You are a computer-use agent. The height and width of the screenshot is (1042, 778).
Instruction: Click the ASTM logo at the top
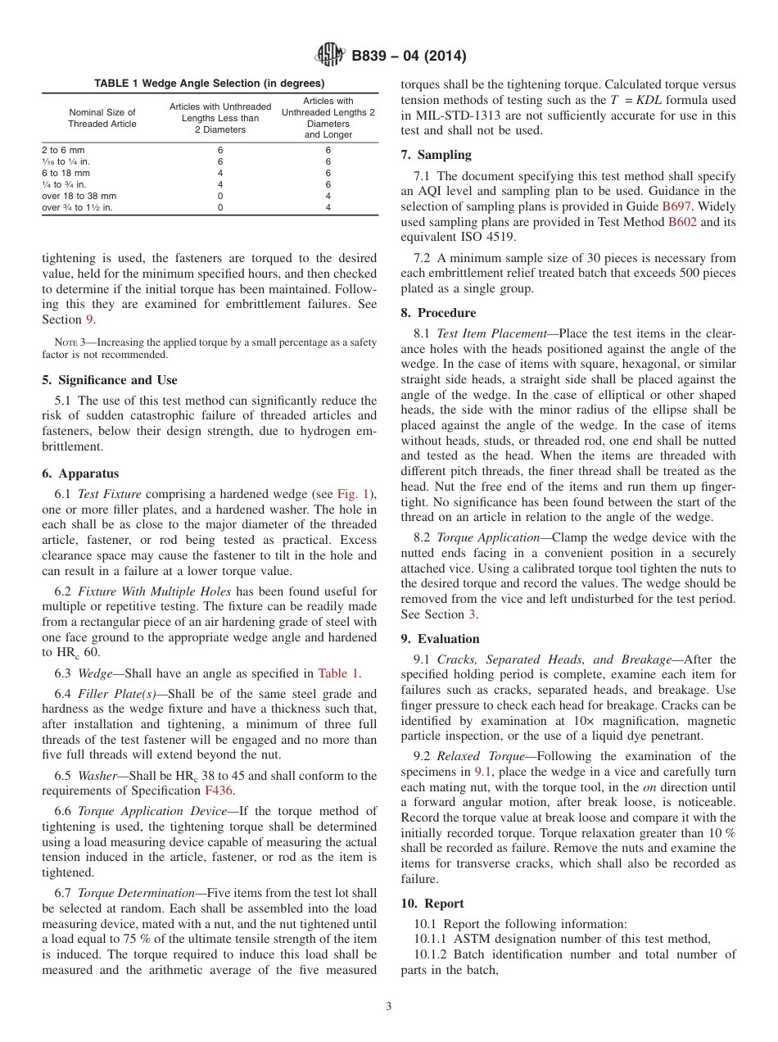330,56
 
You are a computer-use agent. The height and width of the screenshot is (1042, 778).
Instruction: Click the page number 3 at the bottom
389,1007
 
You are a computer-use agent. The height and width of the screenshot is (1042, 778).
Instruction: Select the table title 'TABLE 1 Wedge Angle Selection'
209,83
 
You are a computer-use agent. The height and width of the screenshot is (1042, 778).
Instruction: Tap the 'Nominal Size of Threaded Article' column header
102,118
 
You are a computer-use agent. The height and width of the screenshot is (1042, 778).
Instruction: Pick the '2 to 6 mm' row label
63,151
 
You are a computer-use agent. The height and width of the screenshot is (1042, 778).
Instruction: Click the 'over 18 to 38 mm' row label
79,197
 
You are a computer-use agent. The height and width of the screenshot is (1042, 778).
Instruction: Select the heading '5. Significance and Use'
110,380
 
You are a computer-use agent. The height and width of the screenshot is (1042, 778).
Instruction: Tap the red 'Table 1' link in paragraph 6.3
338,673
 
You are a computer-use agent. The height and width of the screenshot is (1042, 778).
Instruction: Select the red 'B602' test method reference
682,222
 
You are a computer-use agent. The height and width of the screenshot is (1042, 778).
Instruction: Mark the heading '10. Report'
432,903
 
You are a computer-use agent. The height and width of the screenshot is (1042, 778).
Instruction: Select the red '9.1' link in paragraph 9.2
484,772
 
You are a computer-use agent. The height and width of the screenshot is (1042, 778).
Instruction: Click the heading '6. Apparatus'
80,473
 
